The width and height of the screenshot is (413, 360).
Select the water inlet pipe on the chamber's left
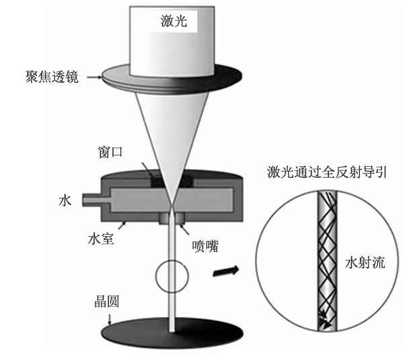click(x=93, y=199)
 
